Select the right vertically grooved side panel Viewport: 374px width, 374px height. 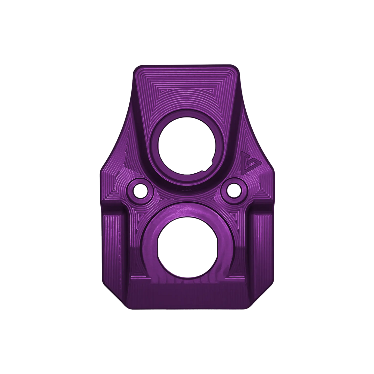coord(260,241)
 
